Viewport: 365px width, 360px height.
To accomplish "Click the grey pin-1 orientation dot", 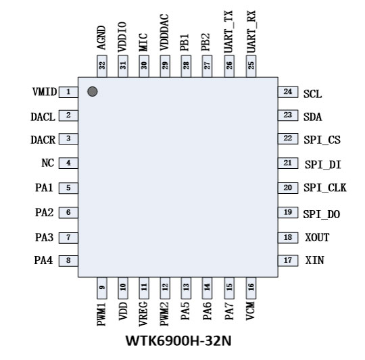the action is (x=93, y=91).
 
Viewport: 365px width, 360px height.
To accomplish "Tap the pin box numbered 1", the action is (x=68, y=92).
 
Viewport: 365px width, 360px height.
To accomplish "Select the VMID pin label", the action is (x=45, y=92).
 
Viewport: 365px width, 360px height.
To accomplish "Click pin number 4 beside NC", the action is (x=68, y=163).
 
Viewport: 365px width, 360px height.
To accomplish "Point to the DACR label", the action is (x=43, y=140).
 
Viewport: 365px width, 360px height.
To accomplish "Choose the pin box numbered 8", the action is (x=68, y=261).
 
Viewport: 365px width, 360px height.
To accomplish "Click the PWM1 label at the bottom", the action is (x=101, y=314).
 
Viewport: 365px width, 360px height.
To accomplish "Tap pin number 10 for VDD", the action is (x=123, y=287).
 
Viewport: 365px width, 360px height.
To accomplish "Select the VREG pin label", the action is (x=143, y=314).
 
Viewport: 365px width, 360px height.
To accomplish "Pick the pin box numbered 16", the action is (x=251, y=288).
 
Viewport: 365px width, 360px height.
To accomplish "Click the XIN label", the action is (x=314, y=260).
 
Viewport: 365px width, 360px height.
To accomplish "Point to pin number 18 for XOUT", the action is (x=288, y=237).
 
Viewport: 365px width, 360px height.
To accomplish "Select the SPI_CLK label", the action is (x=325, y=188).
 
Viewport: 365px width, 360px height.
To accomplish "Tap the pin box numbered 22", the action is (x=288, y=138).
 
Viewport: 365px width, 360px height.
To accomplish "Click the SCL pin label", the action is (x=313, y=94).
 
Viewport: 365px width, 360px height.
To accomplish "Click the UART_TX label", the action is (x=228, y=32).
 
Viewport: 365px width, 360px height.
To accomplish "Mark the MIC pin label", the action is (x=143, y=43).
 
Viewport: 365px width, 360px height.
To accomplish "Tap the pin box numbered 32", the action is (x=101, y=66).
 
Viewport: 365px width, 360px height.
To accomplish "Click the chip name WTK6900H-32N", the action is (x=178, y=341).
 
